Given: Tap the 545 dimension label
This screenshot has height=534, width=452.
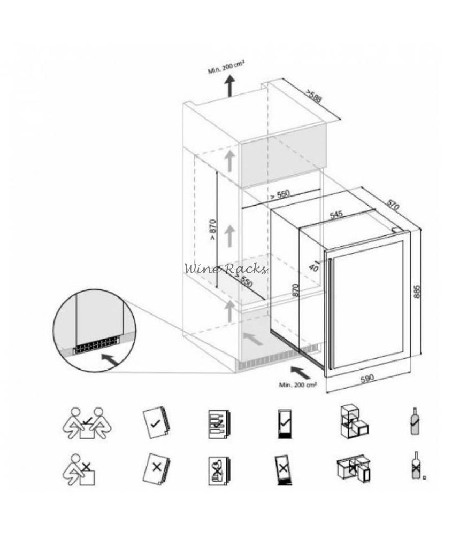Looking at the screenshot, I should [336, 215].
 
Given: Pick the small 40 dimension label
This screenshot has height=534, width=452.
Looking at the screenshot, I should [313, 268].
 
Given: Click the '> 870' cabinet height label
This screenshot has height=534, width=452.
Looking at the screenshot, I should [212, 230].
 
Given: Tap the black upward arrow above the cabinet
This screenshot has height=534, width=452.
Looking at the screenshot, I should [231, 85].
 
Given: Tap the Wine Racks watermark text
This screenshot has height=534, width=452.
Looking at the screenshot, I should [226, 269].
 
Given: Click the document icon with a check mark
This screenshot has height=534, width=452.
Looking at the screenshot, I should [156, 424].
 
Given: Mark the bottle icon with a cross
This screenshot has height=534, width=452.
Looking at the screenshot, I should [414, 466].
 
